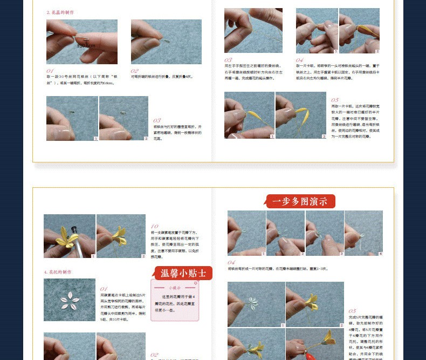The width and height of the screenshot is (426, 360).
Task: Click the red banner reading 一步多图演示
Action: click(300, 202)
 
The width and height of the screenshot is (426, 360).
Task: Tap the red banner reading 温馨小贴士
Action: click(183, 273)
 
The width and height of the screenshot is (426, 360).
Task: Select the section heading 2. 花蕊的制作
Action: click(60, 12)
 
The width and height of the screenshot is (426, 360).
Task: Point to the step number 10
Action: click(155, 227)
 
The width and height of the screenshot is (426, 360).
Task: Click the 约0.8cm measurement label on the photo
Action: click(86, 45)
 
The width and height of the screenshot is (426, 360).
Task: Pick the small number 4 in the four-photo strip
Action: click(380, 253)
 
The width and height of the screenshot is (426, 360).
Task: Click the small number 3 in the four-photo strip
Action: click(341, 253)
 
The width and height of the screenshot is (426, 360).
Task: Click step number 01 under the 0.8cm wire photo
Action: click(50, 70)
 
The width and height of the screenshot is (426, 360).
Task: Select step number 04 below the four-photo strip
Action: click(231, 262)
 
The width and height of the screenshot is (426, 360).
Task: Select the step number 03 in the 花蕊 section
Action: click(157, 120)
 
